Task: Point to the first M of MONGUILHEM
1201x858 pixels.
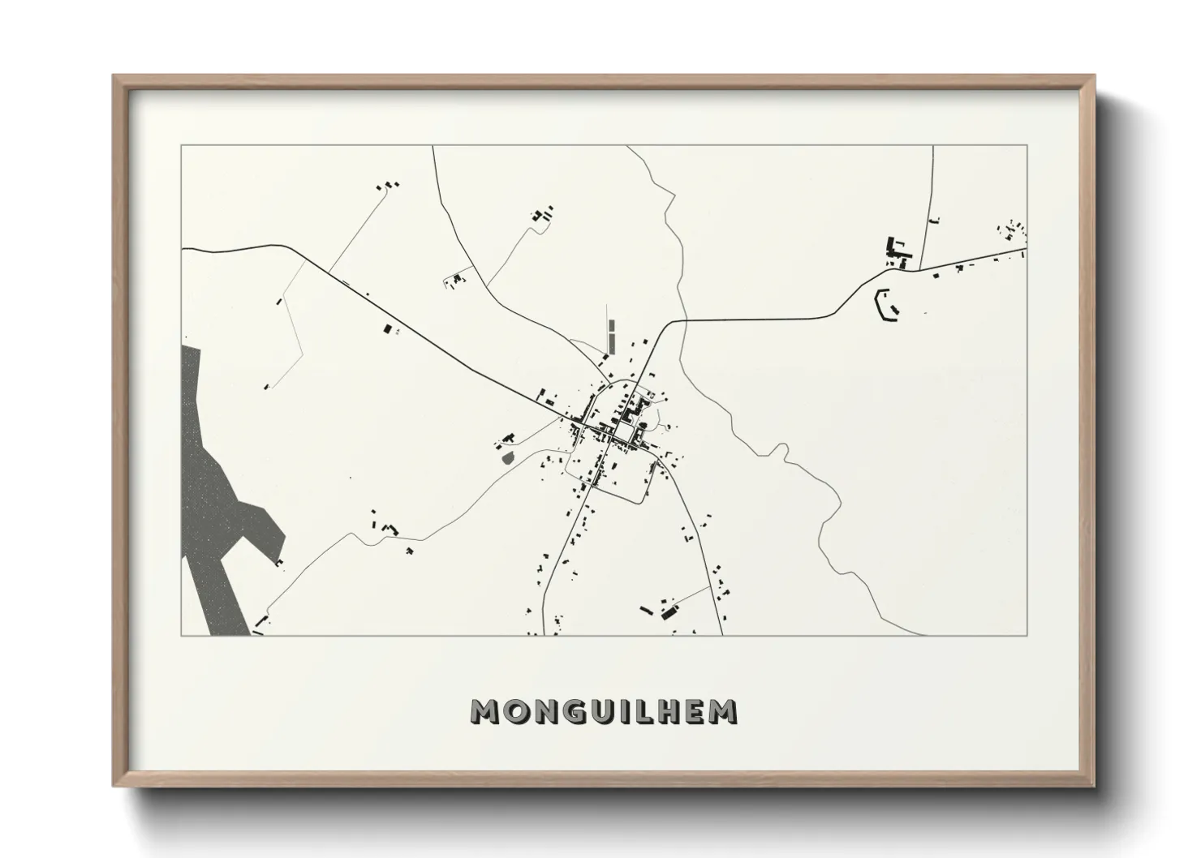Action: [x=486, y=711]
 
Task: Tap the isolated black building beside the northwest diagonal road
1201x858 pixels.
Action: [x=387, y=328]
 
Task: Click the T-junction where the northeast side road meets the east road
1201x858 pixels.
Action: [x=924, y=268]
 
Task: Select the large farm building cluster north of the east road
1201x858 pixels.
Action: [x=897, y=251]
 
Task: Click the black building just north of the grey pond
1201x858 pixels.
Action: [x=510, y=438]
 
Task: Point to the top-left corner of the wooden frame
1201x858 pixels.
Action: [x=114, y=76]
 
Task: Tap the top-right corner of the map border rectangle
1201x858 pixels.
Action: [x=1027, y=145]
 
